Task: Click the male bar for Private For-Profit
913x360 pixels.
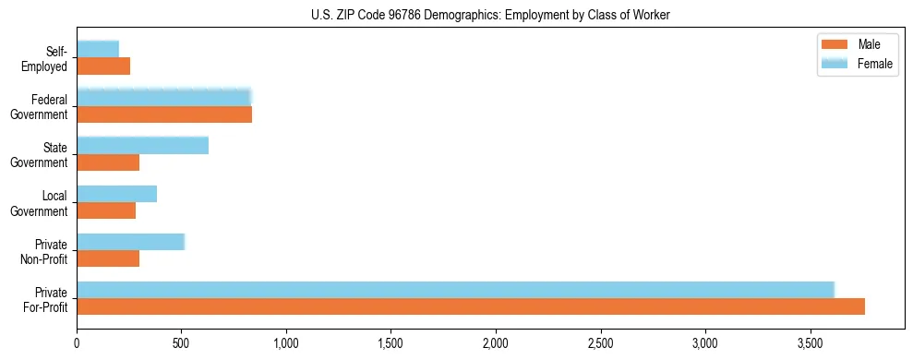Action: (471, 306)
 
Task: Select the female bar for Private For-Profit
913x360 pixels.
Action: (455, 290)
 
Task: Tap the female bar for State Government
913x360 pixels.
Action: (142, 146)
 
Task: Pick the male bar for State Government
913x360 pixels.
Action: (108, 162)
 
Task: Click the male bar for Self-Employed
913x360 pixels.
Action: (103, 66)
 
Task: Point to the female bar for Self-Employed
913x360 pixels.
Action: (98, 50)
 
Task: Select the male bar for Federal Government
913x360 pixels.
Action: (164, 114)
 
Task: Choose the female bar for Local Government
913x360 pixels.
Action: (116, 194)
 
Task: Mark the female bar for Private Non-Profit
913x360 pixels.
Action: (130, 242)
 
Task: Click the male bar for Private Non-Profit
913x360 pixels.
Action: (108, 258)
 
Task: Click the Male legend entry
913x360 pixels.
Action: (858, 44)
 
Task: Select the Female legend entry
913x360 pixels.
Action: (858, 63)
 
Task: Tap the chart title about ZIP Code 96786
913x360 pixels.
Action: (490, 15)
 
